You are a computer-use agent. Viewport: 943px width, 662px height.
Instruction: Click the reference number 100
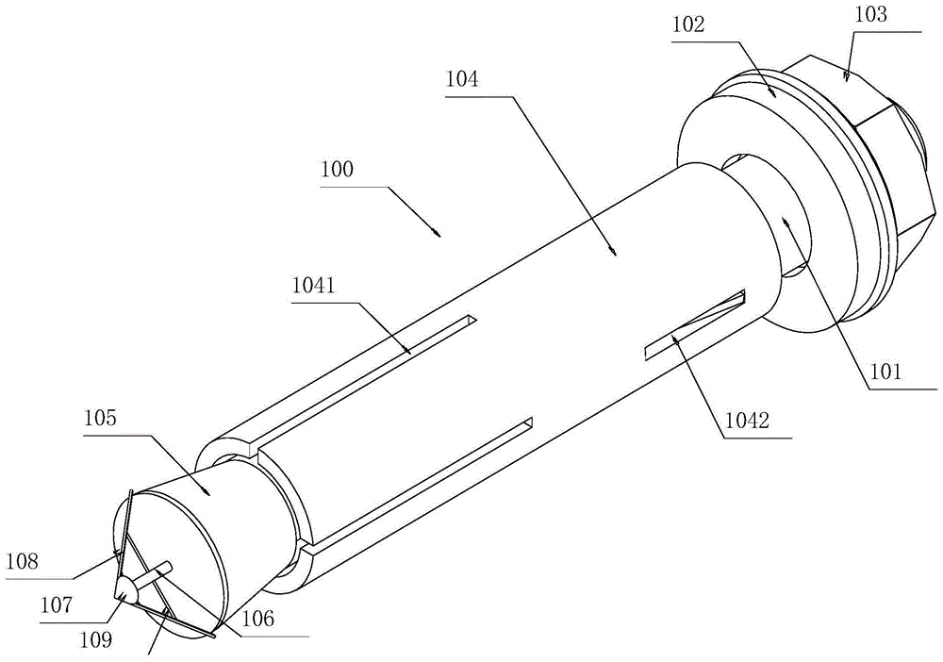click(x=338, y=169)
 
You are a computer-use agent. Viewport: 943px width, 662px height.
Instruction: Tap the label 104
click(x=462, y=79)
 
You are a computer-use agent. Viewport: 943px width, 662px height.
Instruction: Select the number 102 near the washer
click(x=688, y=25)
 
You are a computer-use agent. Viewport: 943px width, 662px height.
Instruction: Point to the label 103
click(x=870, y=14)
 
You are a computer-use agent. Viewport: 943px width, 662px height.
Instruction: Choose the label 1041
click(x=313, y=286)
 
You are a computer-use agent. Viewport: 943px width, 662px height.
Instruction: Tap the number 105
click(x=101, y=417)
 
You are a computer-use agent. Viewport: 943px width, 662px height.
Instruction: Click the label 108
click(x=23, y=562)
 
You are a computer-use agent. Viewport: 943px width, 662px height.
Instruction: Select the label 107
click(x=58, y=604)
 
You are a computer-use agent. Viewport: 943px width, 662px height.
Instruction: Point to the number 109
click(x=96, y=639)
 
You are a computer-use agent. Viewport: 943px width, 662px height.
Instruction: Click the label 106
click(x=258, y=618)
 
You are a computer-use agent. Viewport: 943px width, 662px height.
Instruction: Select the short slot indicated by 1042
click(x=695, y=325)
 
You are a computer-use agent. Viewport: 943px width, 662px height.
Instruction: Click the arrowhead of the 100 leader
click(x=439, y=234)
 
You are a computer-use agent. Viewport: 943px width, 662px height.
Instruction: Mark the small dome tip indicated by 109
click(x=127, y=589)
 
